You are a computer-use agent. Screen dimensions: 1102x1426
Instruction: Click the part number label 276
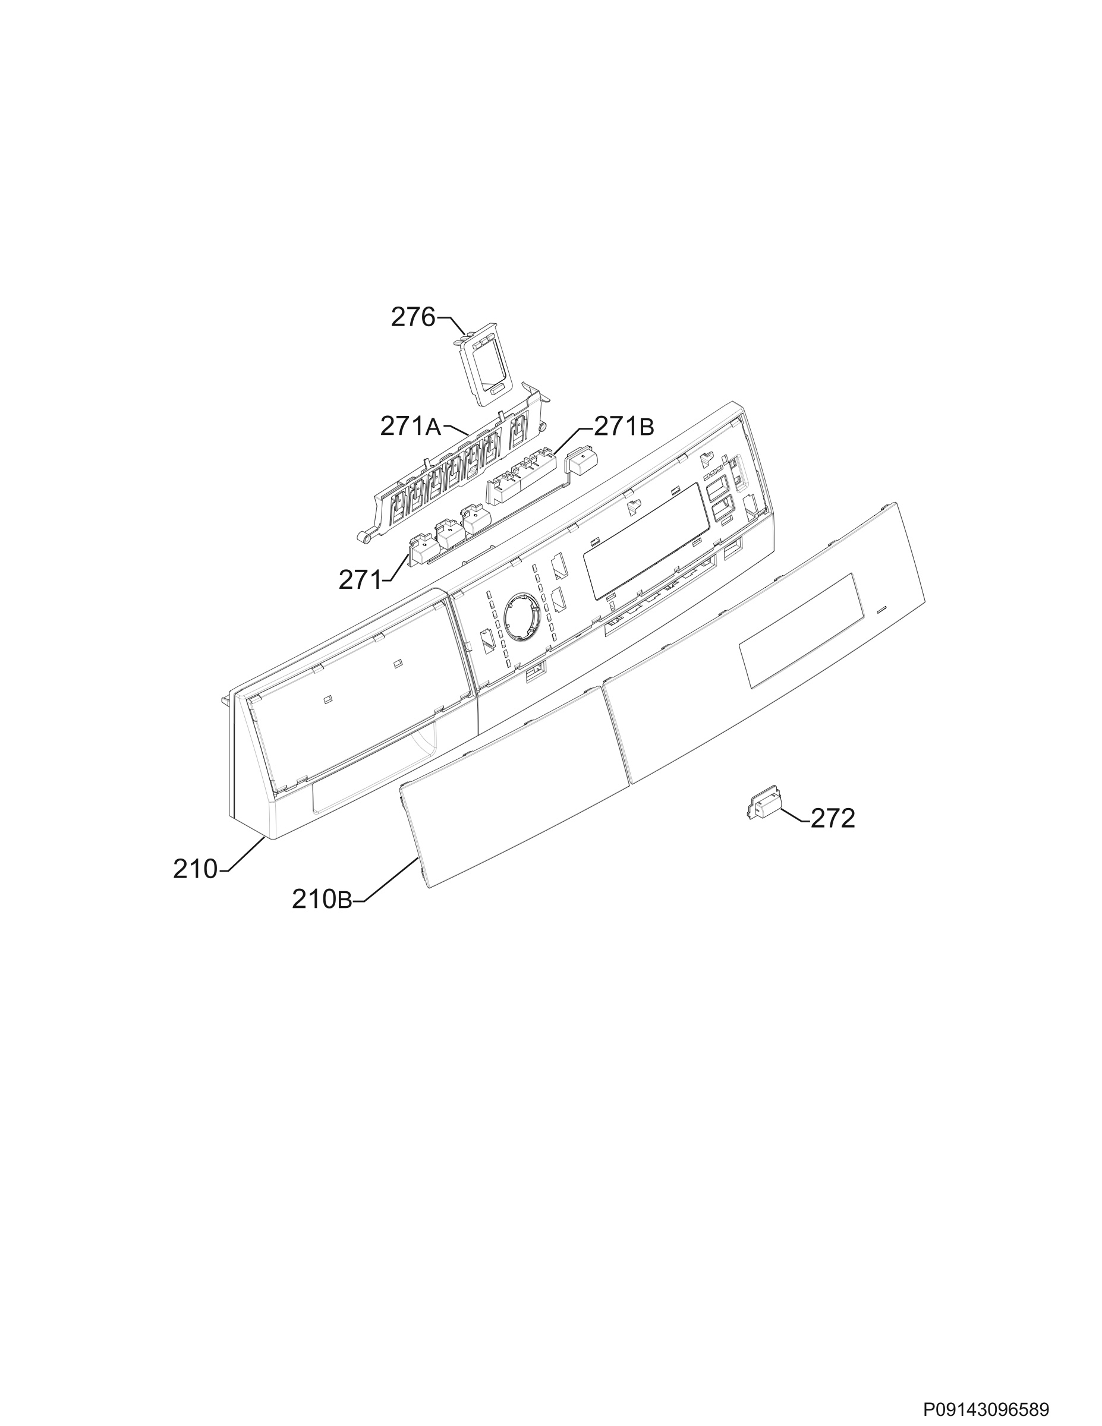click(413, 317)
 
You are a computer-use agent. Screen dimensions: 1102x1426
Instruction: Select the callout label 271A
click(411, 427)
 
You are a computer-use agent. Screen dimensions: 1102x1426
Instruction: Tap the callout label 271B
click(624, 427)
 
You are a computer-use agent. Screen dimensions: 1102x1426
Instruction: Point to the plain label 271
click(359, 579)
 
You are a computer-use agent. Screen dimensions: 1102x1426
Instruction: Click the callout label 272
click(833, 818)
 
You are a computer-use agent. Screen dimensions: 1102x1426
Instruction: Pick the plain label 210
click(194, 870)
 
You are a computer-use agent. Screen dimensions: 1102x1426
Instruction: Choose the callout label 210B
click(322, 900)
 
